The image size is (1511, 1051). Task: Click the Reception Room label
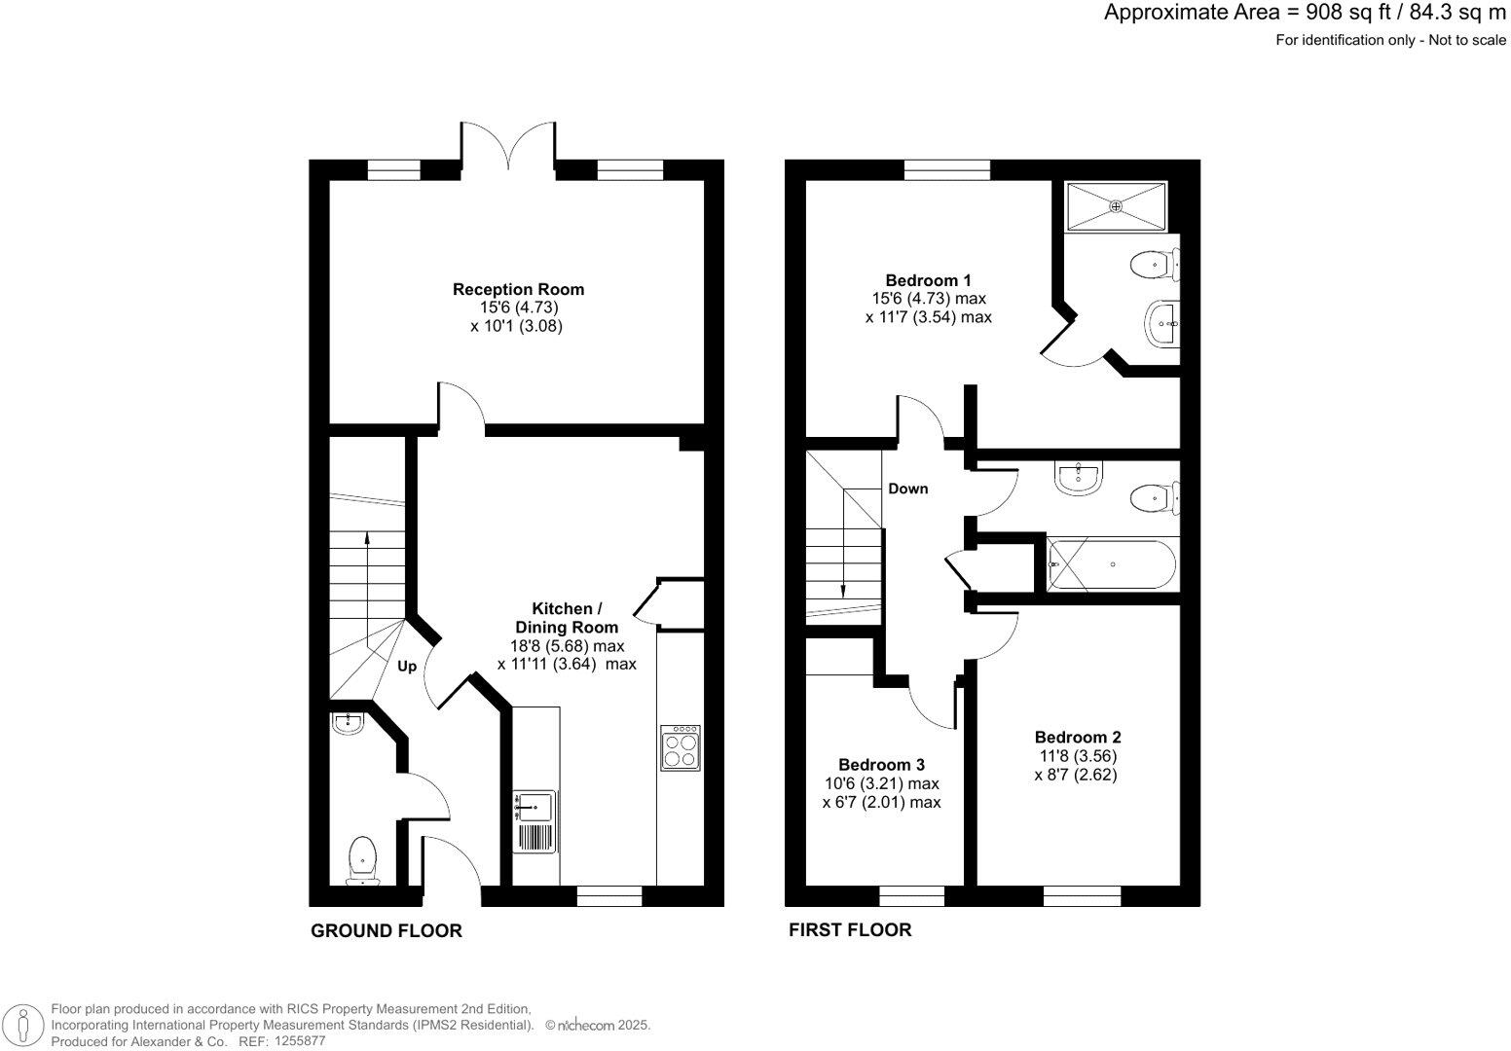coord(518,289)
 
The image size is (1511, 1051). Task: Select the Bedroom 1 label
coord(928,280)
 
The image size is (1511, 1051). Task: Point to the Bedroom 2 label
coord(1077,738)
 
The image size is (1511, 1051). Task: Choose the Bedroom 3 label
coord(881,765)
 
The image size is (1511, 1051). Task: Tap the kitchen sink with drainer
coord(534,821)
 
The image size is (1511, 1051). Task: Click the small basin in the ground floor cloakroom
coord(347,722)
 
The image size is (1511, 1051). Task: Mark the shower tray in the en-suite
coord(1116,206)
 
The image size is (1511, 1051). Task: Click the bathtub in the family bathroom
coord(1111,564)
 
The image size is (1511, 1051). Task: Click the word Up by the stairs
coord(407,667)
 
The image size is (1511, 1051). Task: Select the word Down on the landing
coord(907,489)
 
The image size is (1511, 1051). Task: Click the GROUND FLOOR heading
coord(386,931)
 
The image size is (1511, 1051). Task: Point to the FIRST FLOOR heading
coord(849,930)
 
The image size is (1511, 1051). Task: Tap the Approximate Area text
coord(1304,13)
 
